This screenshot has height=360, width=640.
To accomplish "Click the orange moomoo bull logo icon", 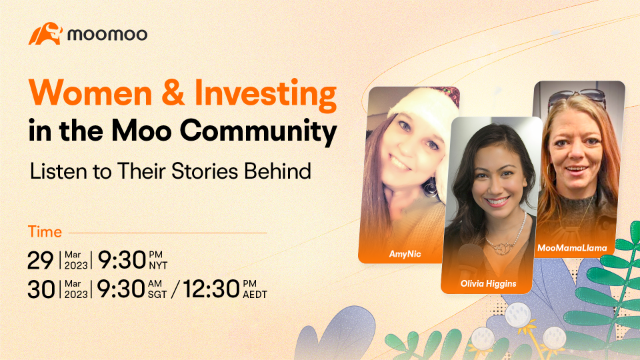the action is (x=45, y=33).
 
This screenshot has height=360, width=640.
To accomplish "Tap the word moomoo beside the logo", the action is (x=107, y=34).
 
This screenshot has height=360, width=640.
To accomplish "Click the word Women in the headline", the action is (x=91, y=93).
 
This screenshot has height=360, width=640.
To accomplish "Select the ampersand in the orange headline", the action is (x=173, y=93).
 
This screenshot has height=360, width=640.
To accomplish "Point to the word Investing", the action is (x=266, y=95).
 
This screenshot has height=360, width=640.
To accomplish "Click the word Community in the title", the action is (x=259, y=131).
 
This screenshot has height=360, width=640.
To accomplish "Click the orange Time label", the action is (x=45, y=232).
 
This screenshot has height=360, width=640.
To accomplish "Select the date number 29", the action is (x=41, y=261).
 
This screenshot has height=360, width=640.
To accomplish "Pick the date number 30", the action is (x=41, y=289).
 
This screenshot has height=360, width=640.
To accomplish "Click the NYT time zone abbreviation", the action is (x=158, y=266).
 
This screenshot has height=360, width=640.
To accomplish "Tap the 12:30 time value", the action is (x=211, y=289).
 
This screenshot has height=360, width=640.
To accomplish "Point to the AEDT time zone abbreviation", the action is (x=255, y=295).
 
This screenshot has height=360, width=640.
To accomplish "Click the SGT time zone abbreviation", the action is (x=157, y=295).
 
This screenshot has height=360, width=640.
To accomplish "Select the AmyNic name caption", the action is (x=405, y=254).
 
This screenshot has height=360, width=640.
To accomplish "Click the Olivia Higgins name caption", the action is (x=488, y=284).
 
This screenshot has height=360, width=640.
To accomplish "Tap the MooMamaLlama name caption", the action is (x=572, y=248).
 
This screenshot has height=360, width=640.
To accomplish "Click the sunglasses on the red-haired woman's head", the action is (x=577, y=99).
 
